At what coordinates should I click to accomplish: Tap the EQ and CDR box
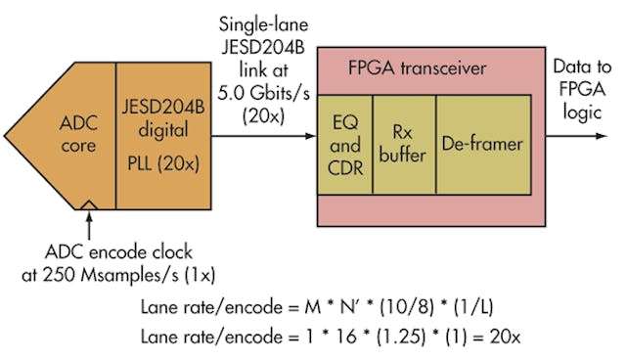(348, 144)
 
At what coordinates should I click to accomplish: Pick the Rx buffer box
(402, 144)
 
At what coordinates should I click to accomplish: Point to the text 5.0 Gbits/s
(268, 94)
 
